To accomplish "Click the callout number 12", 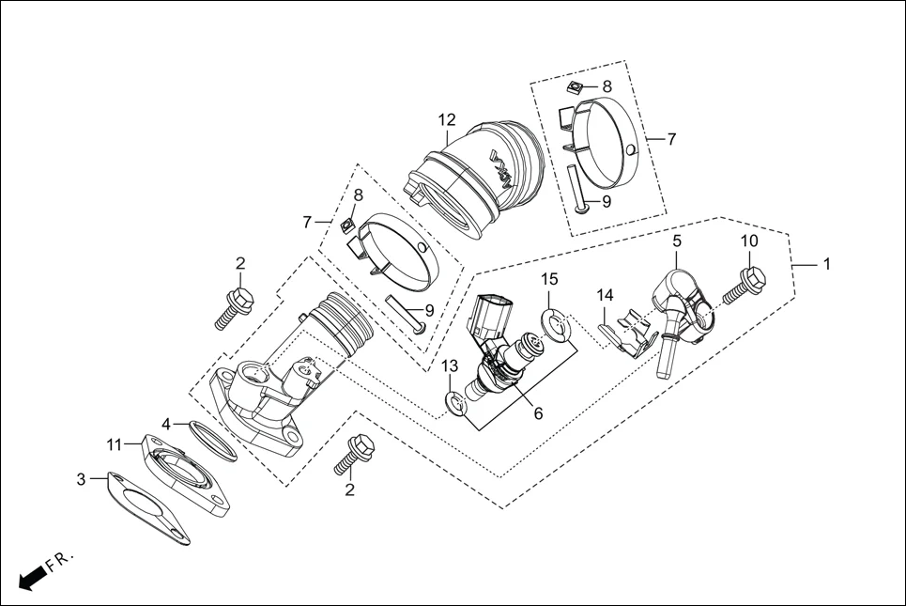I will point(446,119).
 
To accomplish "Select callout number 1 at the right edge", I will point(827,265).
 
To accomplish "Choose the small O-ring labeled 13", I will point(458,404).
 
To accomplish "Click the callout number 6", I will point(538,412).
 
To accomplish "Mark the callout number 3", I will point(81,479).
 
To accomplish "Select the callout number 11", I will point(114,443).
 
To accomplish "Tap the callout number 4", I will point(165,423).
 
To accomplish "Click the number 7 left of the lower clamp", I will point(306,223).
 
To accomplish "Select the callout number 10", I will point(749,241).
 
